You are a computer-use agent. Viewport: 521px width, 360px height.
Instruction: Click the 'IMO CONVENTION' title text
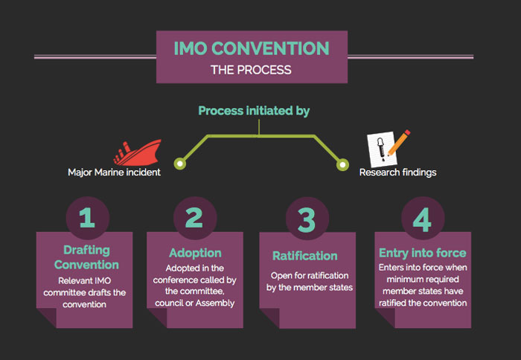tap(251, 49)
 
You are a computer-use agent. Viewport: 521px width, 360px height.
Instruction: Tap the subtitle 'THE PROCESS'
tap(251, 70)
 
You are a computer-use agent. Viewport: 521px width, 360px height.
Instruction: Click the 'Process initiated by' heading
tap(254, 111)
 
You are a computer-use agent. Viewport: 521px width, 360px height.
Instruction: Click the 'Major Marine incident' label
tap(114, 173)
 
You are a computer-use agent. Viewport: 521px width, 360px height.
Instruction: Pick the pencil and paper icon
tap(389, 147)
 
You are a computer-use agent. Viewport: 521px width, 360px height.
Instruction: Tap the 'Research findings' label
tap(397, 173)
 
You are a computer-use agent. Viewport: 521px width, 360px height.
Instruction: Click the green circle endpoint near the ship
tap(179, 163)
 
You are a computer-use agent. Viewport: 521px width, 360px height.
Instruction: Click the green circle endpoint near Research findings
tap(342, 163)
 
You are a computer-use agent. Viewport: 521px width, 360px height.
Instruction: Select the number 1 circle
tap(86, 217)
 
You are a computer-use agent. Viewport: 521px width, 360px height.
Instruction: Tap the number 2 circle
tap(194, 217)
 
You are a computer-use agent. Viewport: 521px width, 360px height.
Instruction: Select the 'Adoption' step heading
tap(194, 253)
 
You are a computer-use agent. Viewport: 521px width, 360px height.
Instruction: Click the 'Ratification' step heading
tap(304, 257)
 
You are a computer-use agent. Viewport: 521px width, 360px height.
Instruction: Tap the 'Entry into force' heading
tap(422, 254)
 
